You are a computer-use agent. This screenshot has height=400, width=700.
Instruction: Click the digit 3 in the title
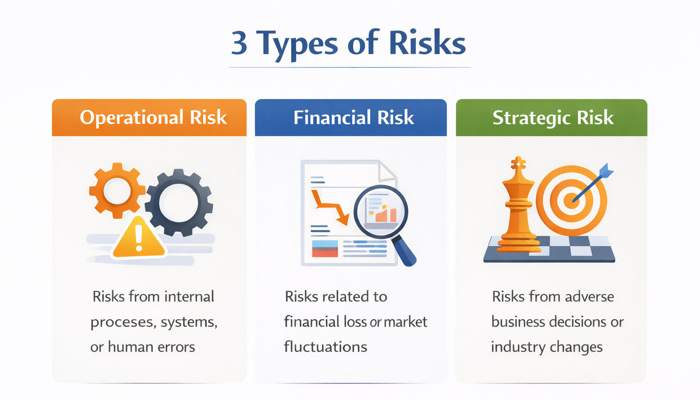(239, 43)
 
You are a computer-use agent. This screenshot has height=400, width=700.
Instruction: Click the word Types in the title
(297, 44)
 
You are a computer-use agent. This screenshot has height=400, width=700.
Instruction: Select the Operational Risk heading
(153, 118)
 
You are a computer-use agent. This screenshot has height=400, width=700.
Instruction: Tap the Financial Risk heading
(354, 118)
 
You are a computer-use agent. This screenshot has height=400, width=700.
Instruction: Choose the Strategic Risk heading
(553, 118)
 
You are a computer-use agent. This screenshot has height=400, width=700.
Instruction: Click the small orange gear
(117, 190)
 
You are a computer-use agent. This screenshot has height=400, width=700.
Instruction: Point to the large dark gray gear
(179, 202)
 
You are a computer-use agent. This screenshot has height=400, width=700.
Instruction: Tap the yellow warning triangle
(139, 238)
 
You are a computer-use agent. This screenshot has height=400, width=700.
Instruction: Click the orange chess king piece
(518, 205)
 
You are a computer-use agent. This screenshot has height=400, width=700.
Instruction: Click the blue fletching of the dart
(606, 171)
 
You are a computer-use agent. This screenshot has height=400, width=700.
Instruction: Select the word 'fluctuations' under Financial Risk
(325, 347)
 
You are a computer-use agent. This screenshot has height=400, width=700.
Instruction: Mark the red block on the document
(324, 252)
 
